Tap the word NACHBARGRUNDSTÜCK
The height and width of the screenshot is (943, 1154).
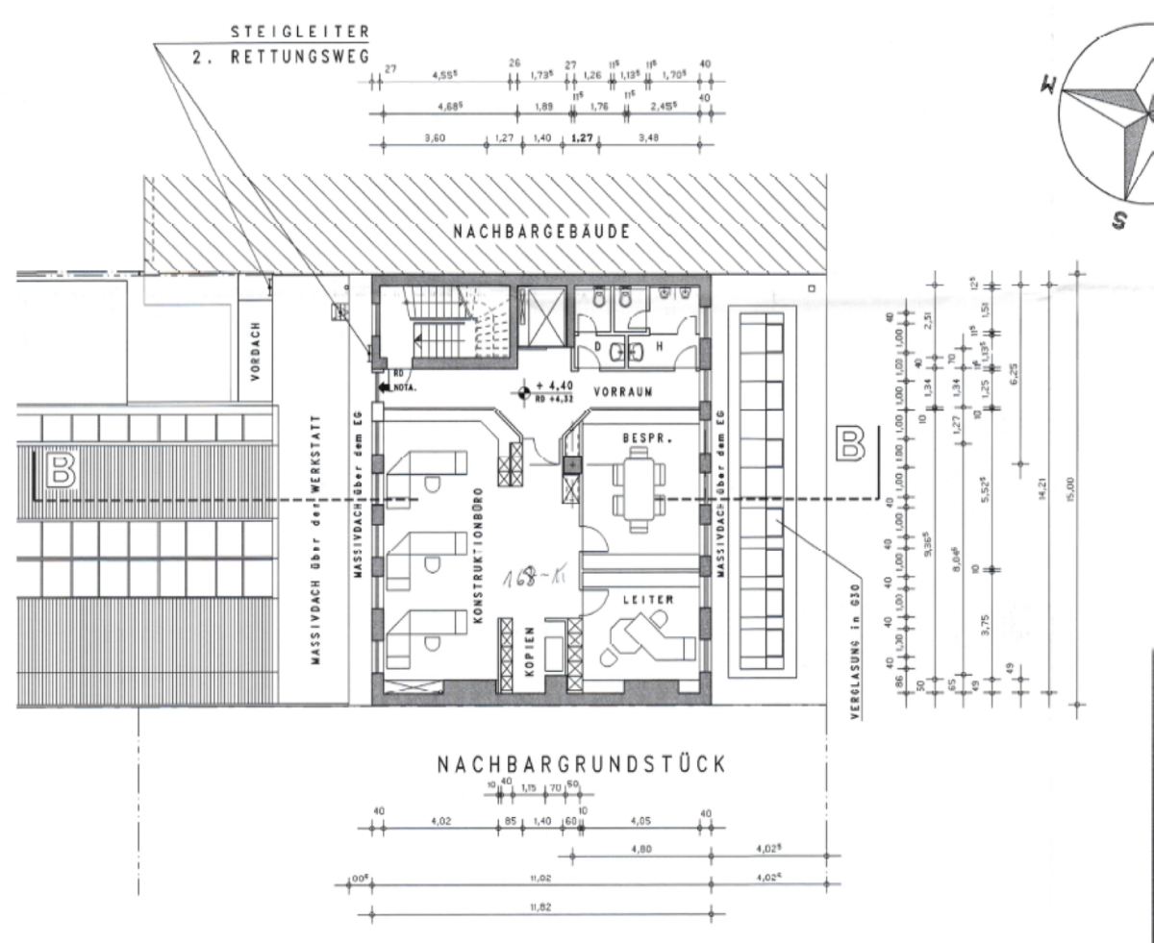(x=580, y=765)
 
